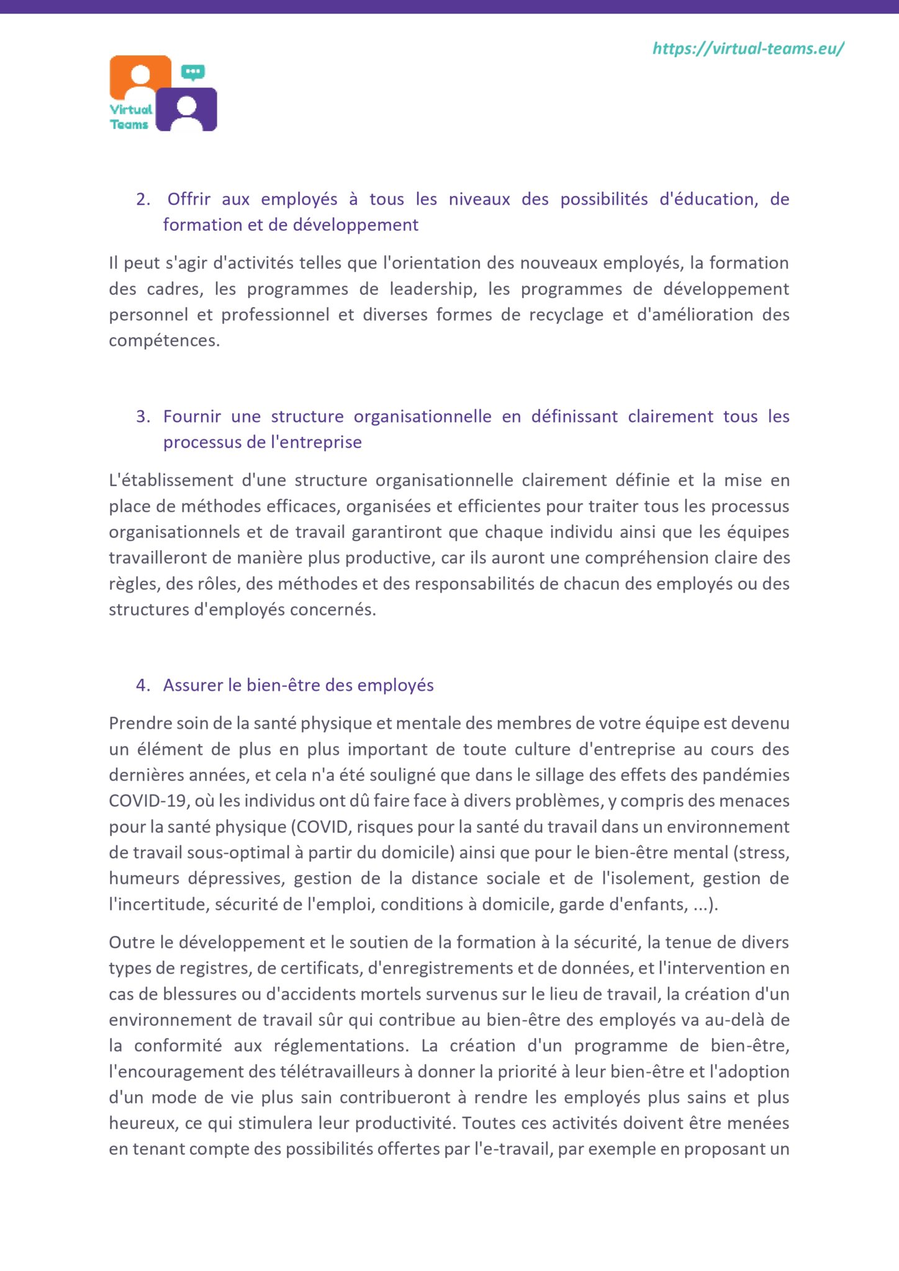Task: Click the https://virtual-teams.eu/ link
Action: tap(748, 49)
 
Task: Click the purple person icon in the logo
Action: tap(186, 109)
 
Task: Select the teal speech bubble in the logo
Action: tap(193, 72)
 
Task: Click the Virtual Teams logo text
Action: tap(130, 117)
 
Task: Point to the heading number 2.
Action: tap(143, 199)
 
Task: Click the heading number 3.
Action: tap(143, 416)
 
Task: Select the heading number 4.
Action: tap(143, 685)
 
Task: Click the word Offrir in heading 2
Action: tap(189, 199)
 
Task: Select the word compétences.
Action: tap(164, 341)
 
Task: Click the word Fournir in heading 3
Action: tap(192, 416)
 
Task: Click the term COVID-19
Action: tap(148, 801)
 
